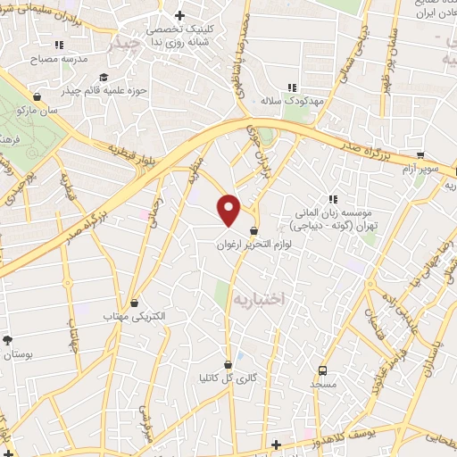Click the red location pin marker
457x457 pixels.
click(x=230, y=210)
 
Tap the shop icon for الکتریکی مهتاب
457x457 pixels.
click(x=134, y=303)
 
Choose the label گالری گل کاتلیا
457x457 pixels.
click(x=228, y=378)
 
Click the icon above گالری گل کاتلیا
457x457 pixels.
click(x=228, y=364)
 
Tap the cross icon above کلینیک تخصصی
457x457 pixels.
click(x=179, y=15)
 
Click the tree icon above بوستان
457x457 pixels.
click(x=8, y=340)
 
